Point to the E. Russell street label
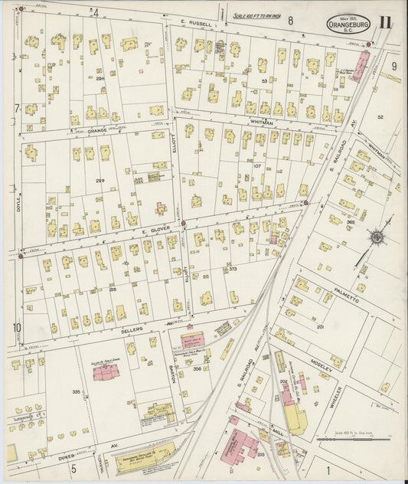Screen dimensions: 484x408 tap(196, 24)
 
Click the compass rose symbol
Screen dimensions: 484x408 tap(377, 238)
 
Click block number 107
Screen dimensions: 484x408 tap(257, 165)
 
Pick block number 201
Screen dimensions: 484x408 tap(320, 327)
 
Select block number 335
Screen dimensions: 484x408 tap(77, 391)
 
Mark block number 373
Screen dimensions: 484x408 tap(233, 269)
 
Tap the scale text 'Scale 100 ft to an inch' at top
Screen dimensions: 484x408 tap(257, 15)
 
